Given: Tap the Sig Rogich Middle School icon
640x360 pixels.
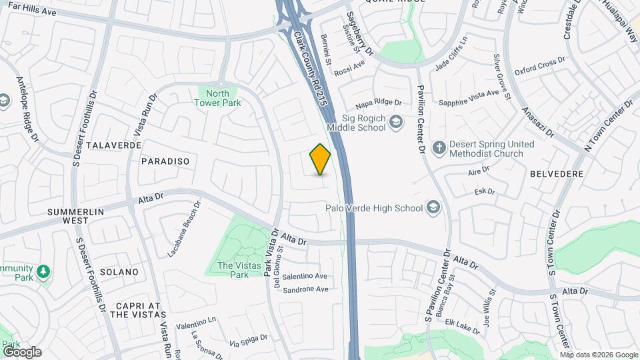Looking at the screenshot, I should click(x=397, y=121).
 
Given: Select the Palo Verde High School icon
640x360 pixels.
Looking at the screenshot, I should click(x=434, y=207).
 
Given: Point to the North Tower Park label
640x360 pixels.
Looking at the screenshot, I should click(x=217, y=98).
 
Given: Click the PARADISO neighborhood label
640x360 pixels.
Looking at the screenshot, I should click(x=165, y=161).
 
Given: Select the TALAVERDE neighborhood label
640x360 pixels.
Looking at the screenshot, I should click(x=113, y=145).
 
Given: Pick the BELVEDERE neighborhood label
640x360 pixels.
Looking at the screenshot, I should click(x=557, y=173).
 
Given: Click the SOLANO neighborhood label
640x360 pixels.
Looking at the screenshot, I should click(x=119, y=272).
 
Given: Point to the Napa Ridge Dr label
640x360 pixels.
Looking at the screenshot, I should click(x=379, y=103).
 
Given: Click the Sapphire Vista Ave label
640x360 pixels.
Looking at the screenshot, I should click(x=469, y=98).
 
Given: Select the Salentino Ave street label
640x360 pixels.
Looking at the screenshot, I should click(x=305, y=276).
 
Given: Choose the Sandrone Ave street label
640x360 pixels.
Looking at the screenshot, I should click(x=305, y=289).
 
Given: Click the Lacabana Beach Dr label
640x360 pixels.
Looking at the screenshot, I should click(x=183, y=229).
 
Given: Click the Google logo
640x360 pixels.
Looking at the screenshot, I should click(x=21, y=351).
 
